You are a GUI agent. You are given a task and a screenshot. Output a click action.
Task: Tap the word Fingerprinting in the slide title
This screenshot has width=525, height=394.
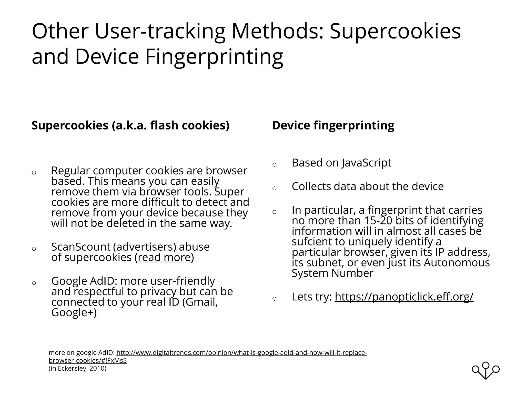coord(214,57)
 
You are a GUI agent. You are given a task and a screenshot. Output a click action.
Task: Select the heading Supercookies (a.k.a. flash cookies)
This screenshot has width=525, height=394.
coord(130,125)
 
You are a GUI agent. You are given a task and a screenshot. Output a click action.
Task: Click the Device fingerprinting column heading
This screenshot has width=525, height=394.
coord(333,125)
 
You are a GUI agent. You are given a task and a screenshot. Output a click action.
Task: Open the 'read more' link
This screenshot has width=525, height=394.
coord(164,257)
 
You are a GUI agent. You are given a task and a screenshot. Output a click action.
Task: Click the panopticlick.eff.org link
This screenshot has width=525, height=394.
coord(404,297)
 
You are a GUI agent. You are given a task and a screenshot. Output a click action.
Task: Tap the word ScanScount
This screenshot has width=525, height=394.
coord(80,247)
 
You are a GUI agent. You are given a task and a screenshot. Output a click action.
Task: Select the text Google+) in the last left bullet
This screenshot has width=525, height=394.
coord(74,313)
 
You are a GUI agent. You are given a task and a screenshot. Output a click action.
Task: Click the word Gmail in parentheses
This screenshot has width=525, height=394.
coord(201,302)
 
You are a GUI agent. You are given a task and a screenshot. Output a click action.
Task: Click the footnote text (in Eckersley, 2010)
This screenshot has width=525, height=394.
coord(77,368)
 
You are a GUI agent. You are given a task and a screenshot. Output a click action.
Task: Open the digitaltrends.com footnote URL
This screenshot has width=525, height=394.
coord(241,353)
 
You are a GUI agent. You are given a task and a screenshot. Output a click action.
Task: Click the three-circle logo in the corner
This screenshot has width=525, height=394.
coord(486,370)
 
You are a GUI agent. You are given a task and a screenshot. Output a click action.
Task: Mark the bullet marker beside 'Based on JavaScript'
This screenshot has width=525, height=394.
coord(274,165)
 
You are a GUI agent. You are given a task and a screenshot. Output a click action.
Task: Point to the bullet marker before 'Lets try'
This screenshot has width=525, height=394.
coord(274,299)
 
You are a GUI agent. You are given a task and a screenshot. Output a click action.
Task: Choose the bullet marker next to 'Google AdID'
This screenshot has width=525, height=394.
coord(34,283)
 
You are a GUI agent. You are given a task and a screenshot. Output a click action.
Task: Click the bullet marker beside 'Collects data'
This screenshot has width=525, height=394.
coord(274,188)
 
